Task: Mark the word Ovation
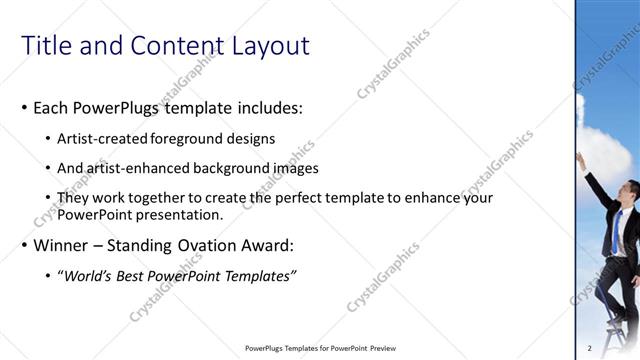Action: pyautogui.click(x=219, y=245)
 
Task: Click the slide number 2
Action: pyautogui.click(x=590, y=348)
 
